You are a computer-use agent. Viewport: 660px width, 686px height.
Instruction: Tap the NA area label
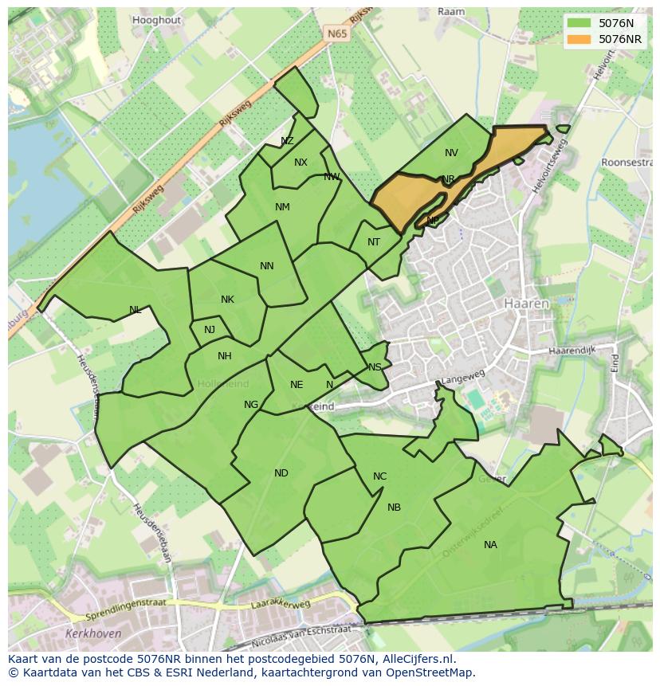click(x=490, y=545)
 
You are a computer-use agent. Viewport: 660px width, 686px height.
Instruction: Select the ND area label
click(x=281, y=473)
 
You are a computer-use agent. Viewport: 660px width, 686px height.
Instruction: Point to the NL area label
click(x=136, y=310)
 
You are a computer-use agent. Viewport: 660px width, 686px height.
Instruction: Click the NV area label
click(x=451, y=153)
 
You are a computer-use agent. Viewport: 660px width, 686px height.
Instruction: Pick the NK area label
click(x=227, y=300)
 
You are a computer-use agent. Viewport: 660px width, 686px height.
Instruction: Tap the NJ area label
click(x=210, y=330)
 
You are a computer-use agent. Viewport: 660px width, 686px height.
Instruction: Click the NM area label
click(x=282, y=207)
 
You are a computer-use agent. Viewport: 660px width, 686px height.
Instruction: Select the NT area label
click(x=374, y=242)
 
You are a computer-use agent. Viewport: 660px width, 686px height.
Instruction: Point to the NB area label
click(x=394, y=508)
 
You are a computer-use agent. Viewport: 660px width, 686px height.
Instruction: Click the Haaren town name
click(x=527, y=304)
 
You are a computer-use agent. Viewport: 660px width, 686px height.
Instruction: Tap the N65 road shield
click(x=337, y=34)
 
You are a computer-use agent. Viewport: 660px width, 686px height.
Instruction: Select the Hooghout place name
click(x=157, y=19)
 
